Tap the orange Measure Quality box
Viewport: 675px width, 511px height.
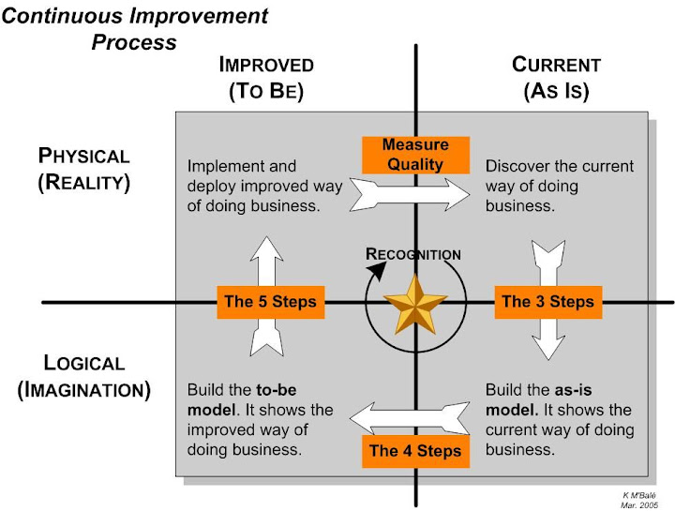click(415, 155)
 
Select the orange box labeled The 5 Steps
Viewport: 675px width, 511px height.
click(270, 302)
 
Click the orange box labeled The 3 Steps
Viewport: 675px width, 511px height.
click(547, 302)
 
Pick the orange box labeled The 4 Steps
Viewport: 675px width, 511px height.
click(415, 451)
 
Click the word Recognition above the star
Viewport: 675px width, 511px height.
click(412, 254)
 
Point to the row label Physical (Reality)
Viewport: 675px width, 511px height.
click(83, 169)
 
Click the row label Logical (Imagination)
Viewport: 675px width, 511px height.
click(83, 376)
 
